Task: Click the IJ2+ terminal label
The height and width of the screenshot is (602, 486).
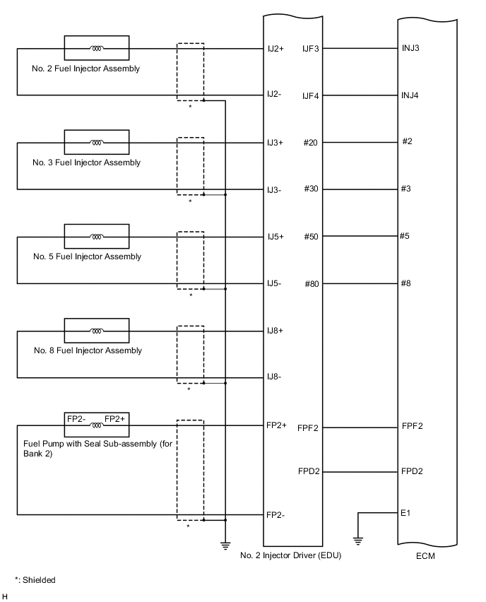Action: pyautogui.click(x=275, y=49)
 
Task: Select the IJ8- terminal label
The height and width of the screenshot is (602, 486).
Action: pyautogui.click(x=274, y=377)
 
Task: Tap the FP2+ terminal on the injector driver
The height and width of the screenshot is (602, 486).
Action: pyautogui.click(x=276, y=425)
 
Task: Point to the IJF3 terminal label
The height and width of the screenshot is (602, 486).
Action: pyautogui.click(x=311, y=49)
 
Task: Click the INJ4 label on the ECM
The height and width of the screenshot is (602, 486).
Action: pyautogui.click(x=410, y=95)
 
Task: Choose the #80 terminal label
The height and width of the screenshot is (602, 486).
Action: pyautogui.click(x=312, y=284)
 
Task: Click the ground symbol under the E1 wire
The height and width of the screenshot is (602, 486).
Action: pyautogui.click(x=358, y=541)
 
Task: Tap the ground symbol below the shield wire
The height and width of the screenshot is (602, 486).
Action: pyautogui.click(x=225, y=543)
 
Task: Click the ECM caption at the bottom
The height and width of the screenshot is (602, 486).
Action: pyautogui.click(x=426, y=556)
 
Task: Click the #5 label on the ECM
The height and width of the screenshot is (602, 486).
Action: pyautogui.click(x=404, y=236)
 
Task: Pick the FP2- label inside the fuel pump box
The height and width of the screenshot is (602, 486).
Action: pyautogui.click(x=76, y=419)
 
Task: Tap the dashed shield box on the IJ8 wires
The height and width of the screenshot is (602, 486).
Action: pyautogui.click(x=190, y=354)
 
